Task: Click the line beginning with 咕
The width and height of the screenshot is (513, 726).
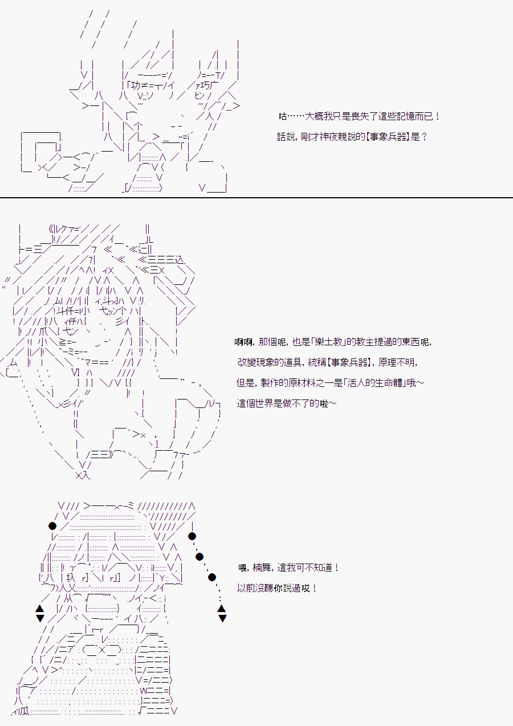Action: click(x=359, y=116)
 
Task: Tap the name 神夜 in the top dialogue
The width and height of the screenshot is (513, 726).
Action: click(x=328, y=137)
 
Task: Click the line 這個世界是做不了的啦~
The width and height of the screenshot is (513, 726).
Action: click(x=287, y=403)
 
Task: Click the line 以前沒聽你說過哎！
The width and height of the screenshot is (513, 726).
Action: click(x=277, y=588)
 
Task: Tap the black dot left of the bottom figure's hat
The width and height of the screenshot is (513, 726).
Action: click(x=52, y=526)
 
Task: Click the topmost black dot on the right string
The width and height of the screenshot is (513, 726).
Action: click(x=192, y=536)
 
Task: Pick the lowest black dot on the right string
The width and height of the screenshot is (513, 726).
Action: click(x=211, y=577)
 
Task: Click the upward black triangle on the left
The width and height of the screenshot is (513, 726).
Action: click(x=40, y=609)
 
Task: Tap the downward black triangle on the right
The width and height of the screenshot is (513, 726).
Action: click(x=222, y=618)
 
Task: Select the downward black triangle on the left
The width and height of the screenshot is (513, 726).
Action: click(x=40, y=618)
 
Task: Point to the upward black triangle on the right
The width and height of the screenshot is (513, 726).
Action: click(x=222, y=609)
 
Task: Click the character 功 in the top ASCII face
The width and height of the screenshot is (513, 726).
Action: click(x=136, y=85)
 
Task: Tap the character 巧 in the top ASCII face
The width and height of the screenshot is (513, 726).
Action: click(x=205, y=85)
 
